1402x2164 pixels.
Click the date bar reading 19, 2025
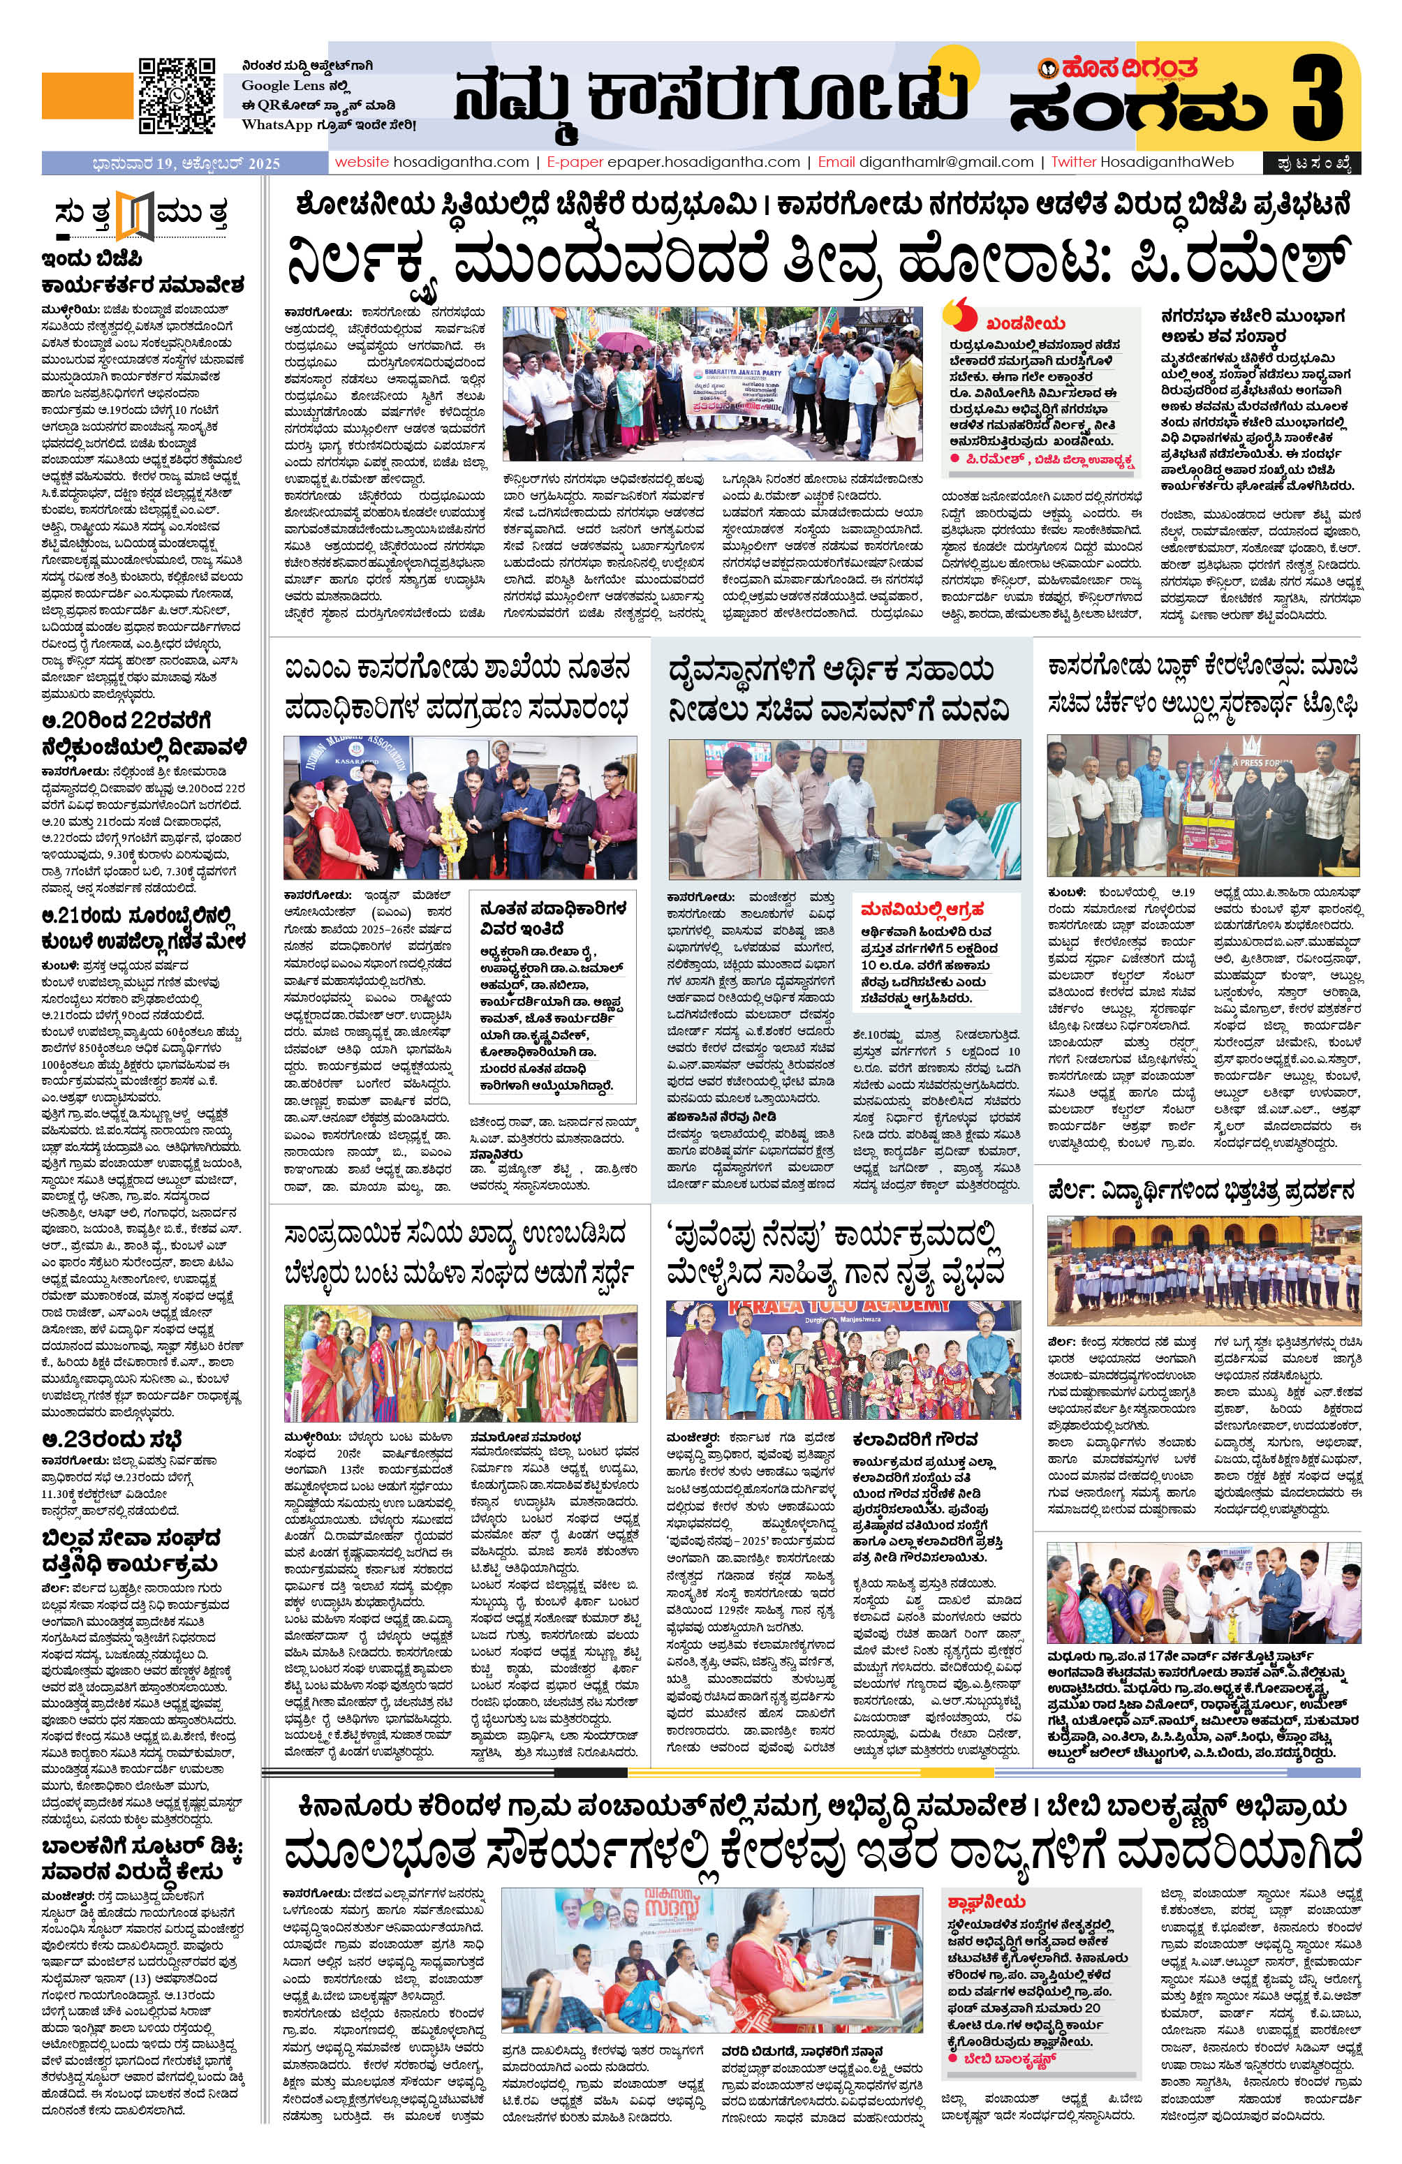[x=186, y=163]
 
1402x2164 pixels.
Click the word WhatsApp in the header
[x=273, y=124]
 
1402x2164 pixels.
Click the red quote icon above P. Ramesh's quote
[x=956, y=313]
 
